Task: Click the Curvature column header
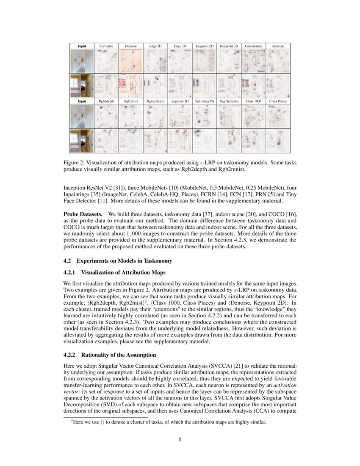(106, 46)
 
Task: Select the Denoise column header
(131, 46)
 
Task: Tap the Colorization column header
(254, 46)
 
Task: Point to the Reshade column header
(278, 46)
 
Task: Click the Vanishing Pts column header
(205, 102)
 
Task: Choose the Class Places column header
(278, 102)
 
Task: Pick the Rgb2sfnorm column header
(155, 102)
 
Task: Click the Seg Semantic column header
(229, 102)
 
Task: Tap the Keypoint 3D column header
(229, 46)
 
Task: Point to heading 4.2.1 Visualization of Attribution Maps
(114, 272)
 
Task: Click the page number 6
(180, 439)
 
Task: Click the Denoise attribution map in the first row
(131, 61)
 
